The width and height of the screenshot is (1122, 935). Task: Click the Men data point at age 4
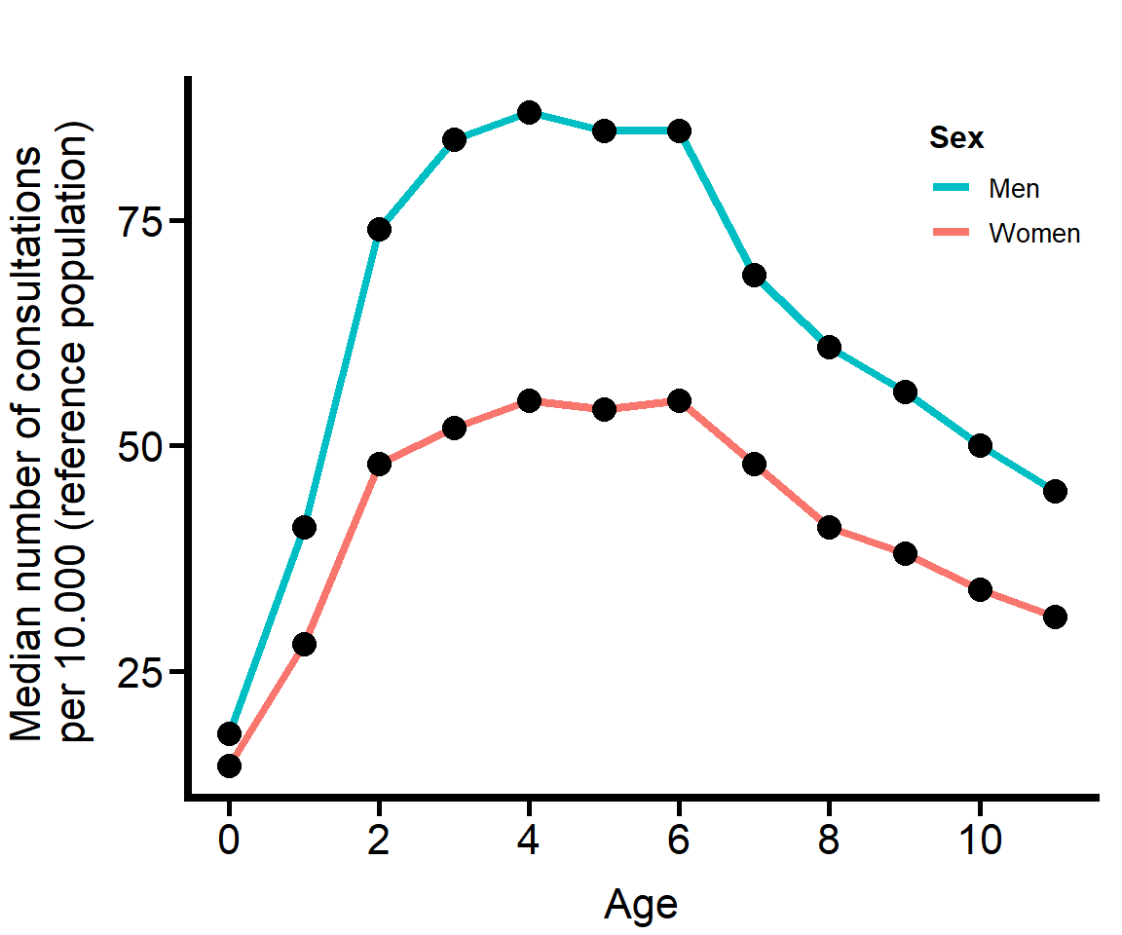(529, 112)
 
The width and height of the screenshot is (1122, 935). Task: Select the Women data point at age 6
(679, 400)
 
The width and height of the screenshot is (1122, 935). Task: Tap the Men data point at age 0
(229, 733)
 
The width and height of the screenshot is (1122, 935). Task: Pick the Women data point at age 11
(1055, 617)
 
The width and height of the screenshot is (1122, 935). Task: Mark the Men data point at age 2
(379, 229)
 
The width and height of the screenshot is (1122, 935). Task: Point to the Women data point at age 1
(304, 644)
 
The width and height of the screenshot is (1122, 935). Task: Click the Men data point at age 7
(754, 275)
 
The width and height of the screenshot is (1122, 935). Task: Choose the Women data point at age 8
(829, 527)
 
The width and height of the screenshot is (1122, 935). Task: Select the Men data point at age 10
(980, 445)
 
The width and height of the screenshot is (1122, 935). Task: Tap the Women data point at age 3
(454, 428)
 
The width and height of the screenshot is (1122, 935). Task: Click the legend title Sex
(955, 138)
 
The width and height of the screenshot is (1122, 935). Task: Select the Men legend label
(1014, 188)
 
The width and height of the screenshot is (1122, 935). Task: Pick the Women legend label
(1034, 234)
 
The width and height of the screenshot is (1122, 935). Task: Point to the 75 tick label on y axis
(139, 221)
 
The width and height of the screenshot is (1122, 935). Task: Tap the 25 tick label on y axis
(139, 672)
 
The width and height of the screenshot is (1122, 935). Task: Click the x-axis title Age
(640, 904)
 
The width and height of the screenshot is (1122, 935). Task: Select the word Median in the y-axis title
(27, 683)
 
